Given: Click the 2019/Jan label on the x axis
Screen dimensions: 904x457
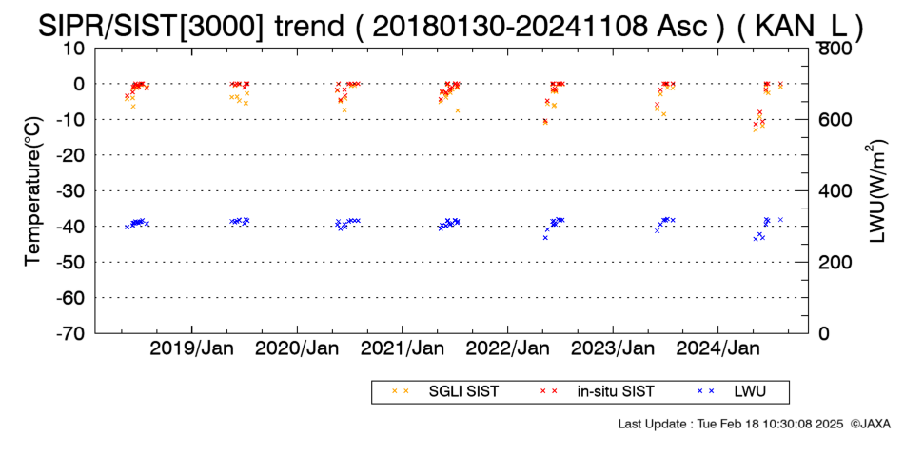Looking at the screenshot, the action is tap(191, 348).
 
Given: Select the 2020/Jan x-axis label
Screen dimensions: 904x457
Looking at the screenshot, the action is tap(297, 348).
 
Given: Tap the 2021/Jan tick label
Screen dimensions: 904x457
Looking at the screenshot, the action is tap(403, 348).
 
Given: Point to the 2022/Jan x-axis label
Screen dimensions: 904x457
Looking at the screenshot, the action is tap(507, 348).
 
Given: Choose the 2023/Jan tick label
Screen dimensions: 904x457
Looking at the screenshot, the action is tap(613, 348).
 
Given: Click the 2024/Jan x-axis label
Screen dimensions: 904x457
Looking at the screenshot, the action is tap(718, 348).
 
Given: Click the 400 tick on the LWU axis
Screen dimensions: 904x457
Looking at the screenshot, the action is tap(833, 191).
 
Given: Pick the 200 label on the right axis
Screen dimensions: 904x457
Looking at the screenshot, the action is tap(833, 262).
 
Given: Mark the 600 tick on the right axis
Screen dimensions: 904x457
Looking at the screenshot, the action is tap(833, 119).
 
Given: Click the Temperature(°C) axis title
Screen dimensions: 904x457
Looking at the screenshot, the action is tap(34, 191).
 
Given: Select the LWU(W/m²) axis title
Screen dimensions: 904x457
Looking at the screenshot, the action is tap(875, 191).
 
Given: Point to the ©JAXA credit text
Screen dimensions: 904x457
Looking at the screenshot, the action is tap(870, 424).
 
